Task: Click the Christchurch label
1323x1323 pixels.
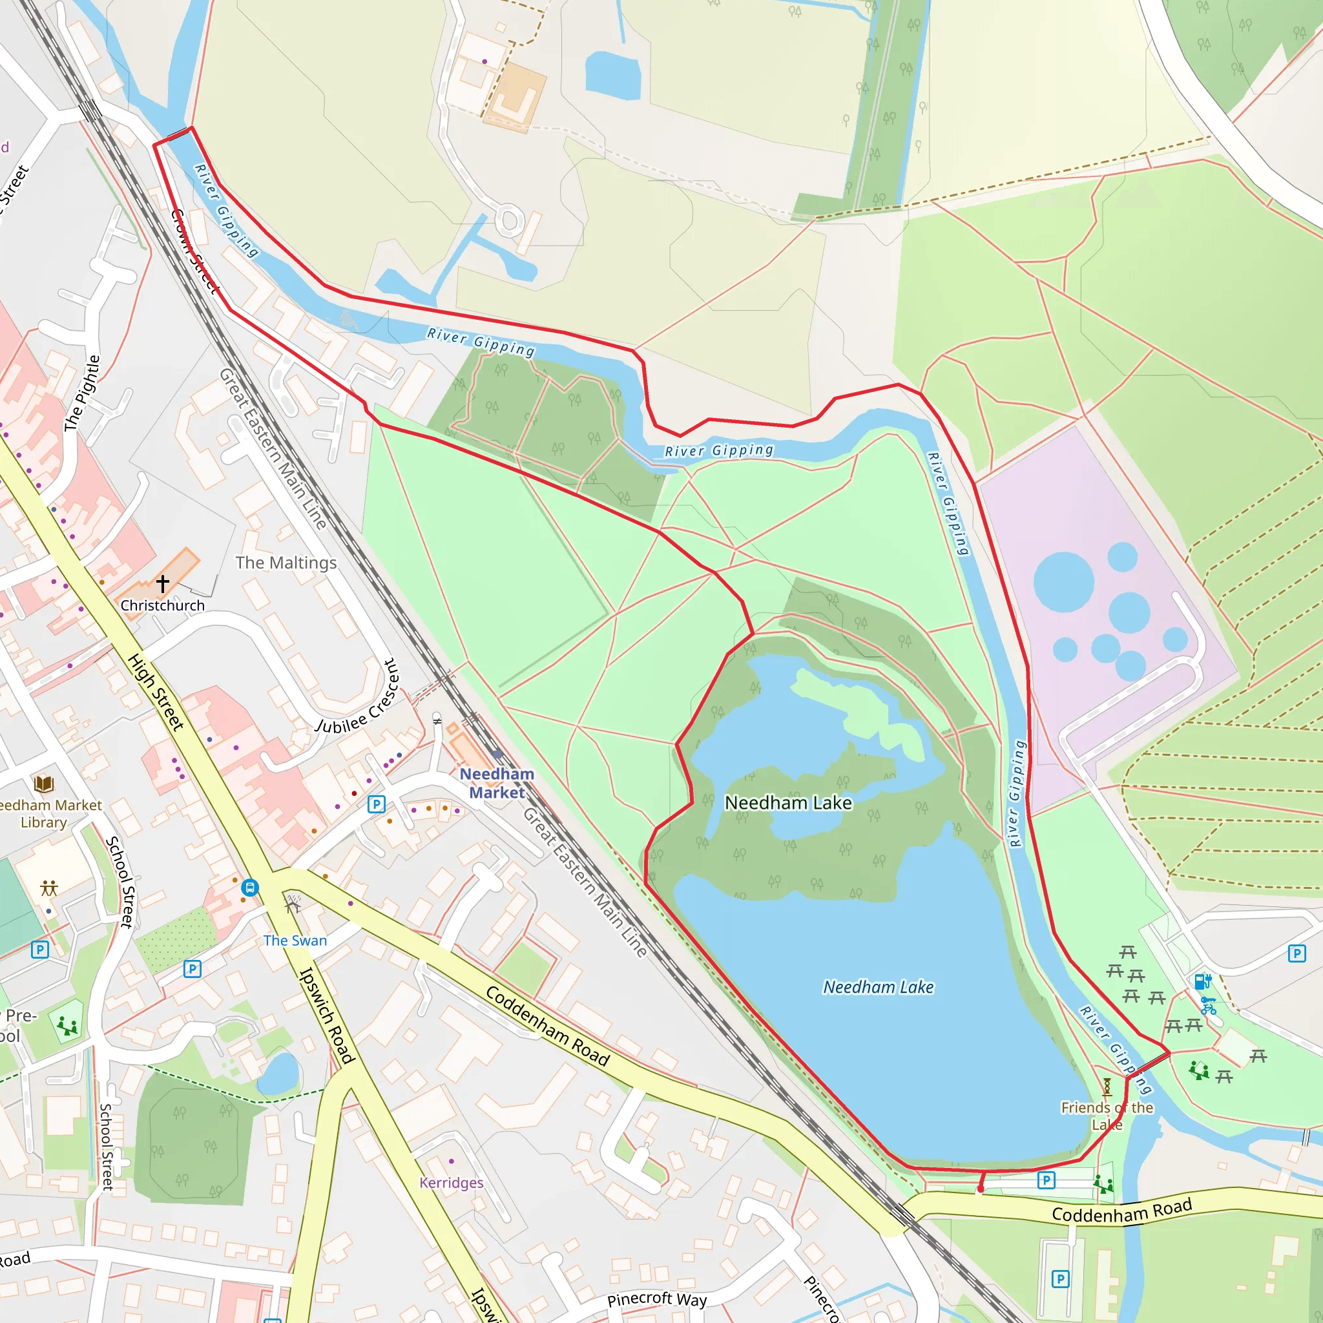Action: click(x=162, y=605)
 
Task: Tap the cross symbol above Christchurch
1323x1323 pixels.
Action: click(x=162, y=583)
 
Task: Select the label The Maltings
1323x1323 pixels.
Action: click(x=286, y=562)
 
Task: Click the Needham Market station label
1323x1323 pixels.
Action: click(x=497, y=783)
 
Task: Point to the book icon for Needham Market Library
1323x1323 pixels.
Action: click(x=44, y=784)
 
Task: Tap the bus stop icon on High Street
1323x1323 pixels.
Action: click(x=250, y=888)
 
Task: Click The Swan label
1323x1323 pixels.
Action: click(x=295, y=940)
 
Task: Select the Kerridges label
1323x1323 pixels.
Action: click(x=452, y=1183)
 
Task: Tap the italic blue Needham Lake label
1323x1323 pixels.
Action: click(x=878, y=987)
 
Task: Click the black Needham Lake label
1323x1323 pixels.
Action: click(x=788, y=802)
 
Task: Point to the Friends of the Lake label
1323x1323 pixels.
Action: click(x=1107, y=1116)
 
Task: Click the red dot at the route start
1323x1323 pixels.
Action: click(x=981, y=1190)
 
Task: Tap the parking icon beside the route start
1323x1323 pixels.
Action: click(x=1046, y=1180)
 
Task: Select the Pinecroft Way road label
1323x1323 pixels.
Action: click(x=657, y=1299)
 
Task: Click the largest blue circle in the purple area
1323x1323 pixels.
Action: click(x=1063, y=582)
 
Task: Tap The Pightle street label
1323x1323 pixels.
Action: click(x=82, y=394)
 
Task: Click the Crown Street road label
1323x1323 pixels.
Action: click(x=193, y=251)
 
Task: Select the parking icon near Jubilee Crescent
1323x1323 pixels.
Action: click(x=376, y=804)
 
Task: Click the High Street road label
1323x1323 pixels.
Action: click(x=156, y=693)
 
